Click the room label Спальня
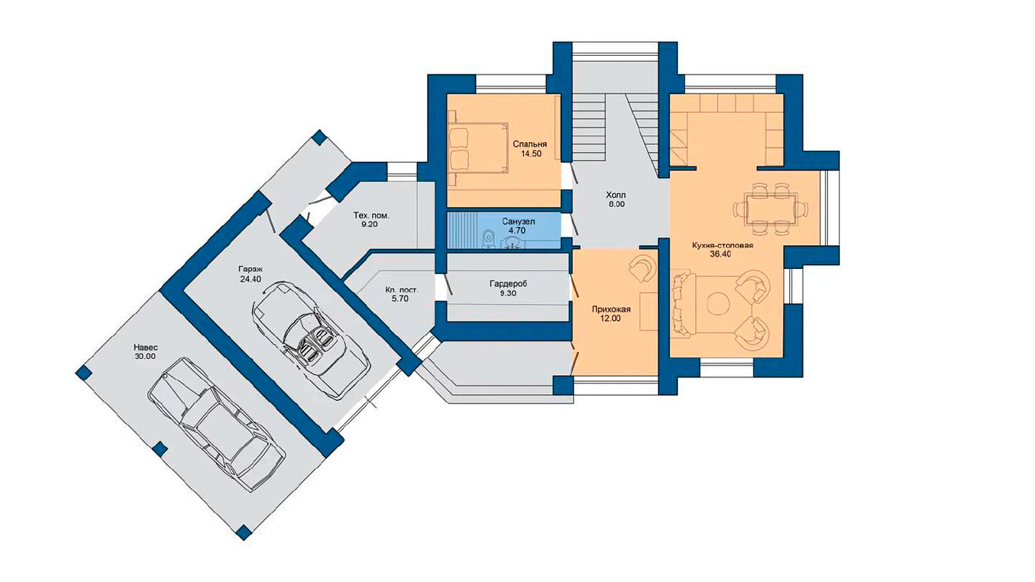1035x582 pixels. tap(530, 144)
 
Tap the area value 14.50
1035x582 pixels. tap(531, 155)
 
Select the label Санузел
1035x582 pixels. tap(519, 222)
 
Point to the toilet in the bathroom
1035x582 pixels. tap(488, 239)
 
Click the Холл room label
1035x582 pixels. tap(616, 195)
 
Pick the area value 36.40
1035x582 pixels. tap(721, 255)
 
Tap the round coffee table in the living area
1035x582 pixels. tap(718, 303)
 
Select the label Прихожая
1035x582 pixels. tap(611, 309)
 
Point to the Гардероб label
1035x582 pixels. tap(508, 284)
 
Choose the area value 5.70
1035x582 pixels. tap(401, 299)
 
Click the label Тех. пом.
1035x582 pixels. tap(371, 215)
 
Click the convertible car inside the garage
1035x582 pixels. tap(311, 339)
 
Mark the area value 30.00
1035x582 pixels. tap(145, 356)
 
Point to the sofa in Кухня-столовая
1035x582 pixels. tap(683, 304)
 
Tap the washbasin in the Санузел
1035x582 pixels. tap(512, 242)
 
